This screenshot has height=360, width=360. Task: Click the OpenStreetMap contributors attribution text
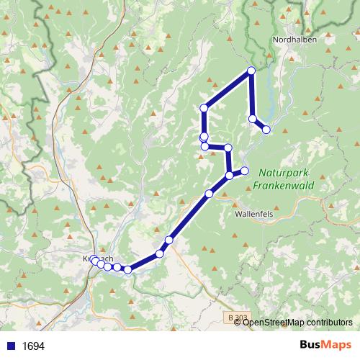coord(297,322)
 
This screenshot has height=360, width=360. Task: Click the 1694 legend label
coord(33,346)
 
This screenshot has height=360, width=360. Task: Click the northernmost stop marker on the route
coord(251,71)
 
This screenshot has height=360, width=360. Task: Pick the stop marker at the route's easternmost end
coord(266,130)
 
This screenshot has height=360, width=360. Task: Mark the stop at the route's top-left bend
coord(204,108)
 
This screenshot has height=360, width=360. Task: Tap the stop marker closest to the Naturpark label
coord(245,171)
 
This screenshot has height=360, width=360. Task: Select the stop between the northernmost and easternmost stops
coord(253,119)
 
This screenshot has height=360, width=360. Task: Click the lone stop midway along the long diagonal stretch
coord(209,193)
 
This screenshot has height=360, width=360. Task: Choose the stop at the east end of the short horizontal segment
coord(228,148)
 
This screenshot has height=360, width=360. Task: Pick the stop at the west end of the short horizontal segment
coord(204,146)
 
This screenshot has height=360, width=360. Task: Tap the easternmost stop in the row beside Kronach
coord(127,270)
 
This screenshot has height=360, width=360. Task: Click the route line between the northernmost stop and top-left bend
coord(228,89)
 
